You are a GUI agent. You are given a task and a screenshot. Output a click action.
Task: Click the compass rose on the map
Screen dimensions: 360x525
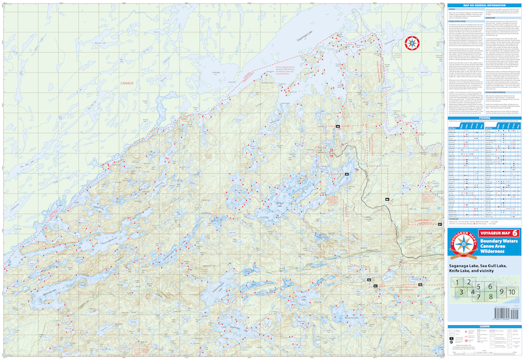[412, 44]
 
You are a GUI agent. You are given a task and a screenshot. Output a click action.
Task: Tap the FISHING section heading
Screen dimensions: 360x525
[484, 118]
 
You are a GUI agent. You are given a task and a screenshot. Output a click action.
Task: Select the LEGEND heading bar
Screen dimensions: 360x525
[484, 326]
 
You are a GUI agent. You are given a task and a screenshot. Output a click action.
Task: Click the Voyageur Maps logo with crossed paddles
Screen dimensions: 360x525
[459, 246]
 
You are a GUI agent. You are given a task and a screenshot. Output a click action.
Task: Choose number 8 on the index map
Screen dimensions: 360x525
[490, 296]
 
